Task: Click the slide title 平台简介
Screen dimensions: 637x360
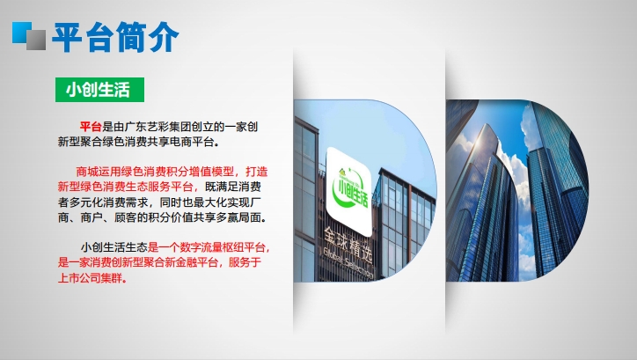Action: pos(115,37)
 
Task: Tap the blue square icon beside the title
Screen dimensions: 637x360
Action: pos(21,32)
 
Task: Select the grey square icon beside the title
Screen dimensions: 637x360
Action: pos(36,40)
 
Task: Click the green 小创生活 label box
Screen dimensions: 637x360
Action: pos(99,90)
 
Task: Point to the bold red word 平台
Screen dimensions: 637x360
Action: pos(91,127)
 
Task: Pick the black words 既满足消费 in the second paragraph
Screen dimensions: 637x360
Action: pos(233,187)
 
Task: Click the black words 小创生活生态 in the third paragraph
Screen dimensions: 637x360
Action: pos(113,247)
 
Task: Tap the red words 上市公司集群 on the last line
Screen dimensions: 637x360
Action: pos(91,278)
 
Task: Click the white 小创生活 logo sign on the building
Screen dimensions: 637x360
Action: pos(349,191)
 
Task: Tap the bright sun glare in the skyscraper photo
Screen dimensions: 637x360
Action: pos(480,143)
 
